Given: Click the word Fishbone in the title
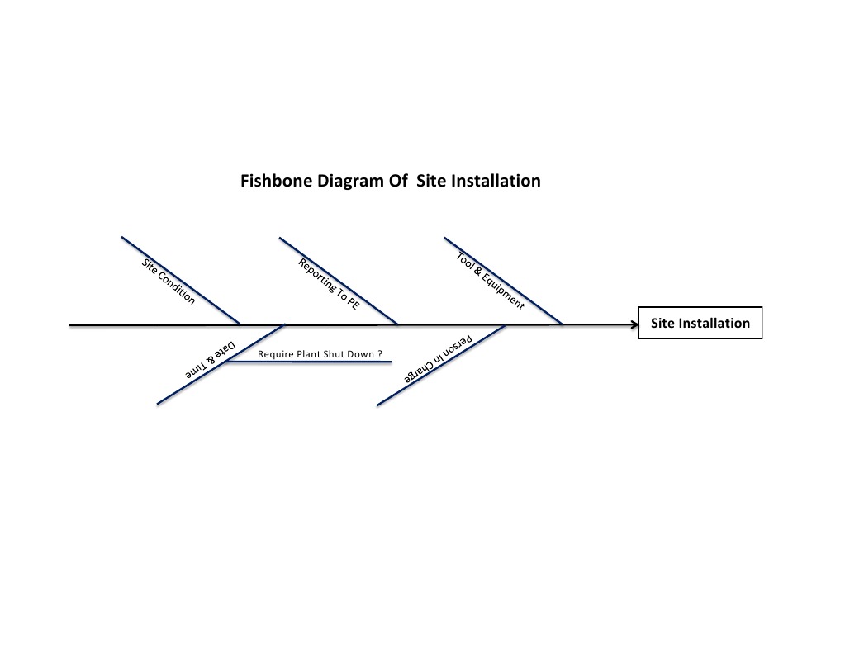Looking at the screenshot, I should coord(276,181).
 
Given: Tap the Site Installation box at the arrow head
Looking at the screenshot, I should coord(700,324).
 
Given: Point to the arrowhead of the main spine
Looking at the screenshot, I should coord(634,325).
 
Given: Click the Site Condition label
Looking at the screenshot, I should coord(169,282).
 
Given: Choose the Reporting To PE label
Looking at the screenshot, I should coord(329,283).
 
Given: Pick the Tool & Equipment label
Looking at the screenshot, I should coord(490,281).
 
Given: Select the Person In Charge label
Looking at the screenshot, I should coord(438,360).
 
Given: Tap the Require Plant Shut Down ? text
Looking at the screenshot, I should coord(320,353).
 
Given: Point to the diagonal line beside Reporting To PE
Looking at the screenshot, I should coord(363,299).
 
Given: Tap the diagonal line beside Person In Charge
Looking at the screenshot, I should coord(413,382).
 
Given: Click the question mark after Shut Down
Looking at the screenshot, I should coord(380,353).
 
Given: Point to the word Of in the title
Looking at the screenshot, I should coord(397,181).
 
